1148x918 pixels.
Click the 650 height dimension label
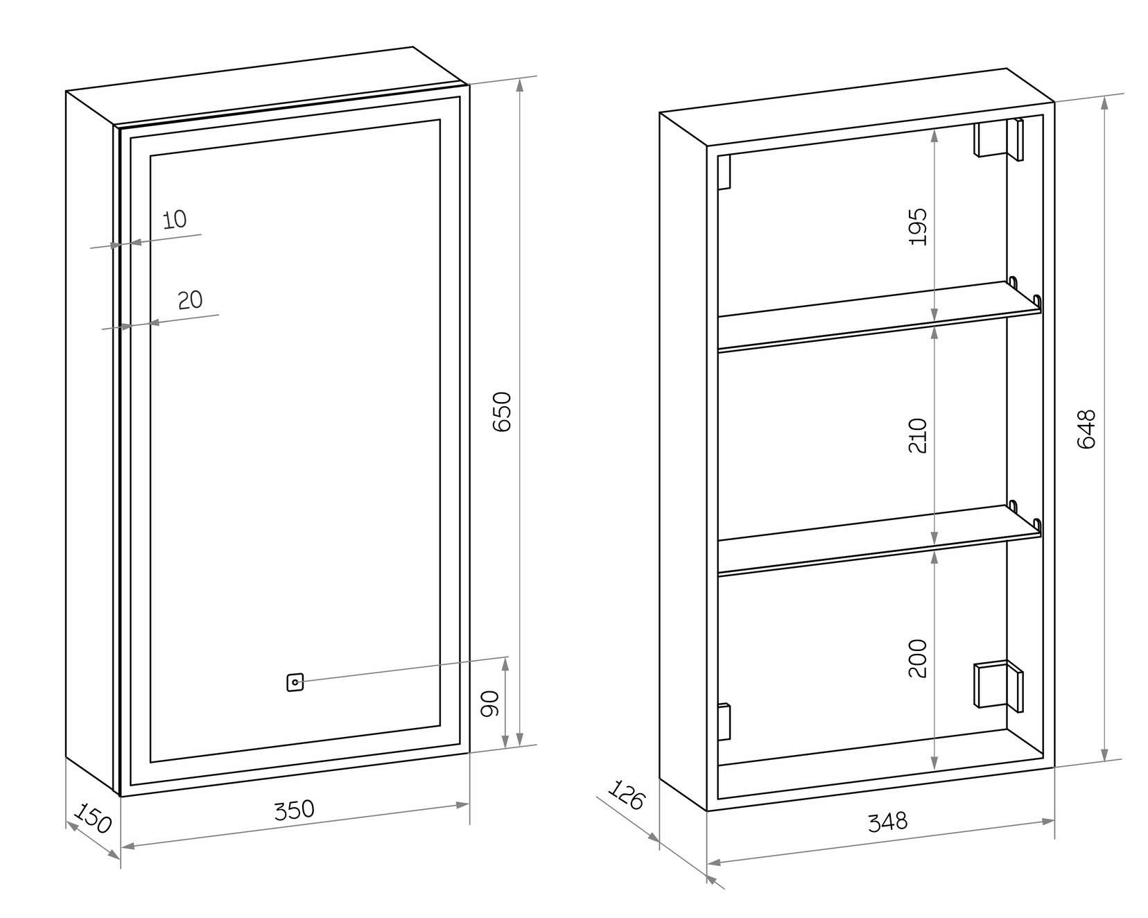(501, 412)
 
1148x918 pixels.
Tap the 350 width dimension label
(294, 810)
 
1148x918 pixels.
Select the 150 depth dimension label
(92, 818)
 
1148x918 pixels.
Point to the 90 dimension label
(490, 704)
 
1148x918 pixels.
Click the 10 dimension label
(175, 220)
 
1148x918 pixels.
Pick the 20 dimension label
(190, 300)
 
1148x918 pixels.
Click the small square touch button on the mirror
(295, 683)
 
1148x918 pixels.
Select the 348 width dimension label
(887, 822)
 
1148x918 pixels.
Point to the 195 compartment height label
(917, 227)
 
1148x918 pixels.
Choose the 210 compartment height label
(917, 435)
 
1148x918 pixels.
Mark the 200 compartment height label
(917, 658)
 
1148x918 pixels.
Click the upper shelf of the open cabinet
(879, 316)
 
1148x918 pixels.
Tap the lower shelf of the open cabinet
(879, 539)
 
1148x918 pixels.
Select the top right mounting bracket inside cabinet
(998, 139)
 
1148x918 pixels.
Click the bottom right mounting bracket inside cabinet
(998, 685)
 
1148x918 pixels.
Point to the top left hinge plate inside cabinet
(724, 172)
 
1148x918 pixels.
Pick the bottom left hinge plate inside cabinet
(724, 722)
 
